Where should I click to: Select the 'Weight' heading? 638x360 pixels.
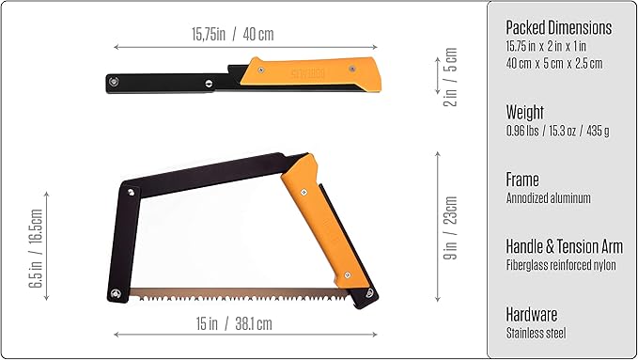526,112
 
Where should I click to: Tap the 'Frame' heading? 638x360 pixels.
522,179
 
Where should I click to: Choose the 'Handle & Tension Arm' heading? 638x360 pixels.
564,246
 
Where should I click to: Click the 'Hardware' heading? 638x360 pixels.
532,314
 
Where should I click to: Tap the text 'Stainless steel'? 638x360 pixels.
537,333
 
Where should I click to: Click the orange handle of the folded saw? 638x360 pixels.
311,73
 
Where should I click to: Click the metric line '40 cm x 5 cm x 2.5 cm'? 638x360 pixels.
553,63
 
